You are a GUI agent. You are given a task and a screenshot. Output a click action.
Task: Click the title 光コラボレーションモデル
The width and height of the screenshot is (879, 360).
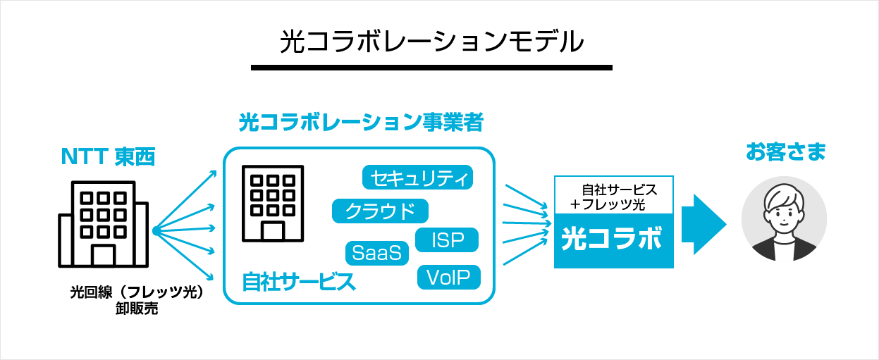(431, 42)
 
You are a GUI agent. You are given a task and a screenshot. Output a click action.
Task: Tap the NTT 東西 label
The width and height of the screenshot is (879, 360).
(108, 157)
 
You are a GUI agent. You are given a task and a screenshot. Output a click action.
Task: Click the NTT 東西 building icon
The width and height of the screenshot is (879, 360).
(104, 223)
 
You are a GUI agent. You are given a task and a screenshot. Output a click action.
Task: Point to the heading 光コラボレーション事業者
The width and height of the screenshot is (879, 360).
(361, 123)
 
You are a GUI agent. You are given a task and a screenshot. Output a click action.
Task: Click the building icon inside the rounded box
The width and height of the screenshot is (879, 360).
(272, 202)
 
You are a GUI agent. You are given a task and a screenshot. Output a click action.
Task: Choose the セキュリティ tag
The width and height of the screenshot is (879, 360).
(417, 178)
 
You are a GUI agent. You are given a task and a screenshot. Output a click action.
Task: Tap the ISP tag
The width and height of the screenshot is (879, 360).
(448, 240)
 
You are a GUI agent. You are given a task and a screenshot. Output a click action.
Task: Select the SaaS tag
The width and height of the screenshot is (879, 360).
(377, 253)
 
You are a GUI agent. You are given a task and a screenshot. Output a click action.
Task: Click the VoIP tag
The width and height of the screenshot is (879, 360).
(448, 277)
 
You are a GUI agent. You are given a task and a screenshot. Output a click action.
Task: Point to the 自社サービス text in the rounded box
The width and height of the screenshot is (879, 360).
(298, 282)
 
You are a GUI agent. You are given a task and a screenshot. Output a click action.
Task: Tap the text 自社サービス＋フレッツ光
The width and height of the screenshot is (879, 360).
(615, 197)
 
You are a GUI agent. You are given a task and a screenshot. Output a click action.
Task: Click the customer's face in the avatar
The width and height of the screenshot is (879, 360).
(784, 209)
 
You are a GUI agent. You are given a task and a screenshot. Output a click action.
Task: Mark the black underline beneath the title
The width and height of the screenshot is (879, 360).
(431, 68)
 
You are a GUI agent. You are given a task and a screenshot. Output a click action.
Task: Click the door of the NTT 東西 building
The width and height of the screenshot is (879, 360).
(103, 254)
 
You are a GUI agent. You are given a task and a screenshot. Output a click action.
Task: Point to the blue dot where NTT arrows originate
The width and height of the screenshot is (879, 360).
(154, 230)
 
